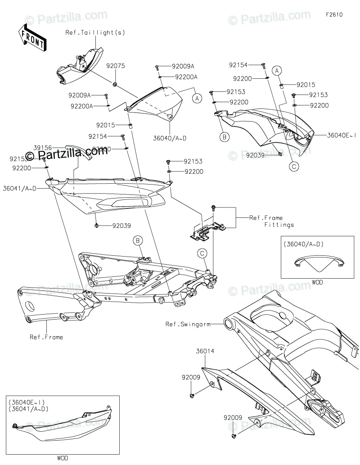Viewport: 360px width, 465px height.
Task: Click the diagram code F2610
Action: pos(335,14)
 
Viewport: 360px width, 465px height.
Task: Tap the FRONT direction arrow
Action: pos(32,38)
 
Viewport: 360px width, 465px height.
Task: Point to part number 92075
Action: pos(116,66)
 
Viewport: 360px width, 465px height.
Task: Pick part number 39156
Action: pos(42,147)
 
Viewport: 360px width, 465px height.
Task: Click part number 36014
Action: pos(204,349)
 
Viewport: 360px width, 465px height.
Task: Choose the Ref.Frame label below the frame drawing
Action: pos(46,337)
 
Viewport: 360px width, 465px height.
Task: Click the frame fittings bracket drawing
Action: pos(207,230)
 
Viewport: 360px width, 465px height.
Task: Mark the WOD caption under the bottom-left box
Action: pos(63,458)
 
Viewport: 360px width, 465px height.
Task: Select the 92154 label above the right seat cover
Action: pos(238,65)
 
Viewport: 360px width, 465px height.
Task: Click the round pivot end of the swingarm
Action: pos(229,323)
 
